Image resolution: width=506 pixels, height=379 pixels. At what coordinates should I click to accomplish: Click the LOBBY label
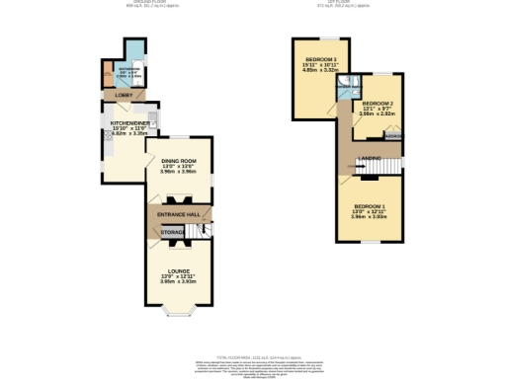(x=124, y=96)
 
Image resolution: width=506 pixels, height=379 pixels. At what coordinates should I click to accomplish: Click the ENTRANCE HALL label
(x=179, y=213)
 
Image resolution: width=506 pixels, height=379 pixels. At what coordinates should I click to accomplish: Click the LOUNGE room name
(x=179, y=270)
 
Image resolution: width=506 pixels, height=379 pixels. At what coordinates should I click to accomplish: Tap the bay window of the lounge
(x=179, y=315)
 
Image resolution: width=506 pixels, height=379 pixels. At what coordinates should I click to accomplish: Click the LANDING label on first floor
(x=371, y=159)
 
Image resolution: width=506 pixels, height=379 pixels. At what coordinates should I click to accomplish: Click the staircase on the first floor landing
(x=393, y=163)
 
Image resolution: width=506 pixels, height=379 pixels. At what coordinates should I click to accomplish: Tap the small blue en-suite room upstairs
(x=346, y=92)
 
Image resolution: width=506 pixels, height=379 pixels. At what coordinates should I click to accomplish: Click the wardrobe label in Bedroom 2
(x=393, y=136)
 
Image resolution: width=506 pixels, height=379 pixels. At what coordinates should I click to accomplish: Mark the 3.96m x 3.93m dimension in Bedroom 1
(x=369, y=216)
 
